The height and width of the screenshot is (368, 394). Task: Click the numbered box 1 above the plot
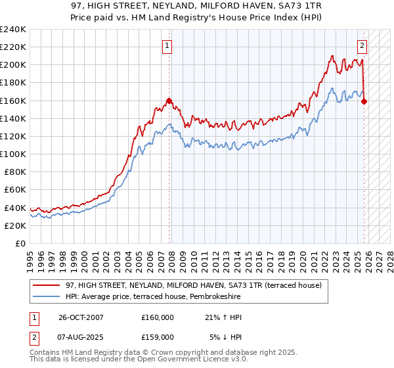(x=167, y=46)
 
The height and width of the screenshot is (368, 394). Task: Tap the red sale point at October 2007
(x=169, y=101)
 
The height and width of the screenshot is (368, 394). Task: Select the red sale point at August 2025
(x=364, y=101)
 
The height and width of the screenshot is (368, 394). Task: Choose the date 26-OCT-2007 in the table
(x=81, y=317)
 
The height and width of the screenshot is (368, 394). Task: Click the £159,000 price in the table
(x=158, y=336)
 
